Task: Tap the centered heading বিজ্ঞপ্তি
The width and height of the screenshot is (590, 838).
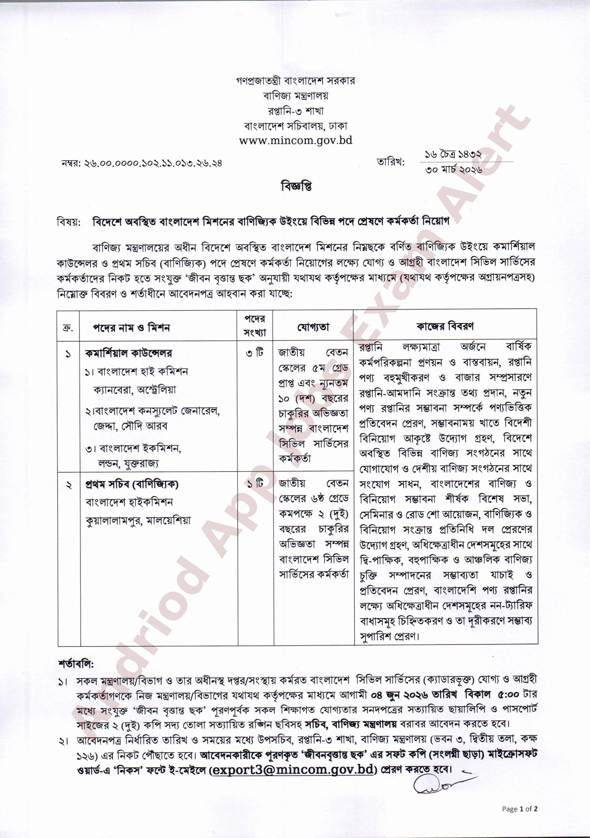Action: tap(296, 186)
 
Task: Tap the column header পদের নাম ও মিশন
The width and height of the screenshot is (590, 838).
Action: tap(131, 328)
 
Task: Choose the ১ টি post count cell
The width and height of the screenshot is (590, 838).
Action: tap(255, 484)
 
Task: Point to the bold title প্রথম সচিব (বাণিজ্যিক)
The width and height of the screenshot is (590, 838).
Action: tap(132, 484)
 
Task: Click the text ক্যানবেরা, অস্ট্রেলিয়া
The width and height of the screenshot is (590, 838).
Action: tap(134, 390)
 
